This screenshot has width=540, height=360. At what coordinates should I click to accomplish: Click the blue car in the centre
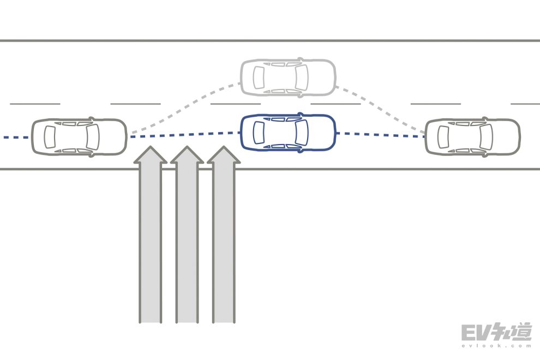(288, 132)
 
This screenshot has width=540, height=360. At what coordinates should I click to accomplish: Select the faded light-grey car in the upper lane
(288, 77)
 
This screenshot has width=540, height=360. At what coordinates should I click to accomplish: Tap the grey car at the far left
(79, 136)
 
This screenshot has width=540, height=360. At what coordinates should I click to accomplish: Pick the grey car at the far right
(472, 136)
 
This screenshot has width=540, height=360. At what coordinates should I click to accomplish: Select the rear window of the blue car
(260, 133)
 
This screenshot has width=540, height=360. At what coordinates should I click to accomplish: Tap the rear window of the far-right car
(445, 136)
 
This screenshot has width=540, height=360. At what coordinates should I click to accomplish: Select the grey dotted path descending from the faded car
(382, 107)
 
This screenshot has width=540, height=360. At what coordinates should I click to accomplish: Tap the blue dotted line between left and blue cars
(185, 135)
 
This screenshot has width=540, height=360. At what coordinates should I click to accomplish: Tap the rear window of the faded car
(260, 77)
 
